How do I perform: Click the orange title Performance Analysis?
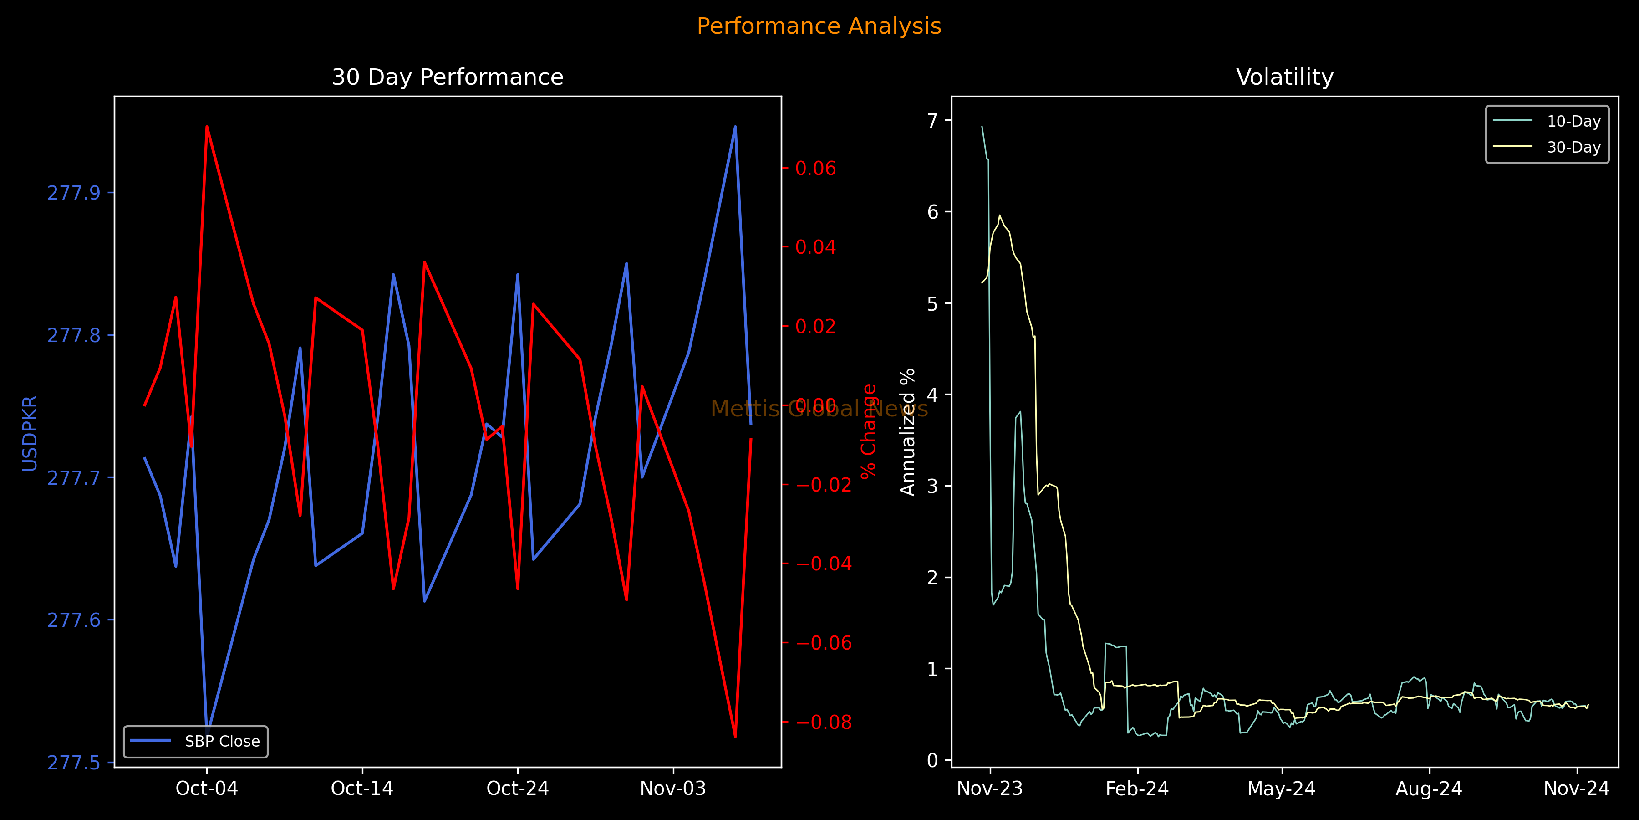pos(819,26)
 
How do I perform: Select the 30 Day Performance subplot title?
pos(447,77)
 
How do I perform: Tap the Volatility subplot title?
pos(1285,77)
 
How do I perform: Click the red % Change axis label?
pos(869,431)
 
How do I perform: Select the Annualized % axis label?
pos(908,432)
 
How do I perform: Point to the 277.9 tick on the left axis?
pos(74,193)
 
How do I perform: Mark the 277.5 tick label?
pos(74,763)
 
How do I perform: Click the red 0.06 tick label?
pos(816,168)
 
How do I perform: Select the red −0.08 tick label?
pos(823,722)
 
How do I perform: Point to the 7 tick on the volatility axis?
pos(933,120)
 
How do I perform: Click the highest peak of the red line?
pos(207,126)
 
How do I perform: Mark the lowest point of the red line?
pos(736,737)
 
